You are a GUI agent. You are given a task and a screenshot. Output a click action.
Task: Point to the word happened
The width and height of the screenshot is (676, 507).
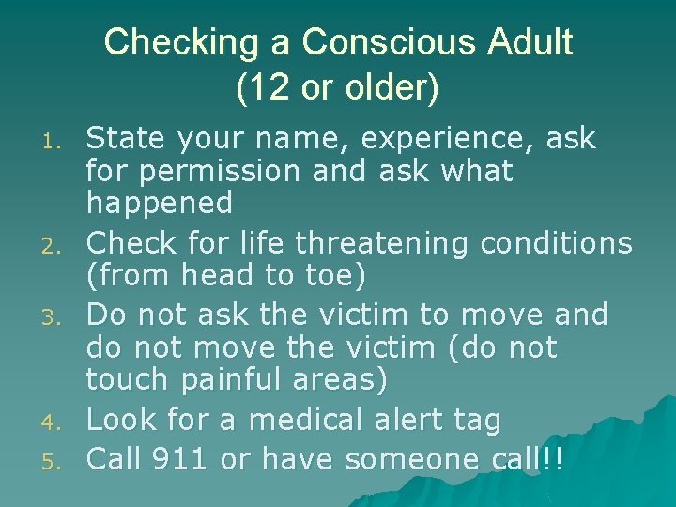coord(160,203)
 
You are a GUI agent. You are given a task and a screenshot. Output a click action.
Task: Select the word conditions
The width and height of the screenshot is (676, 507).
coord(556,244)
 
